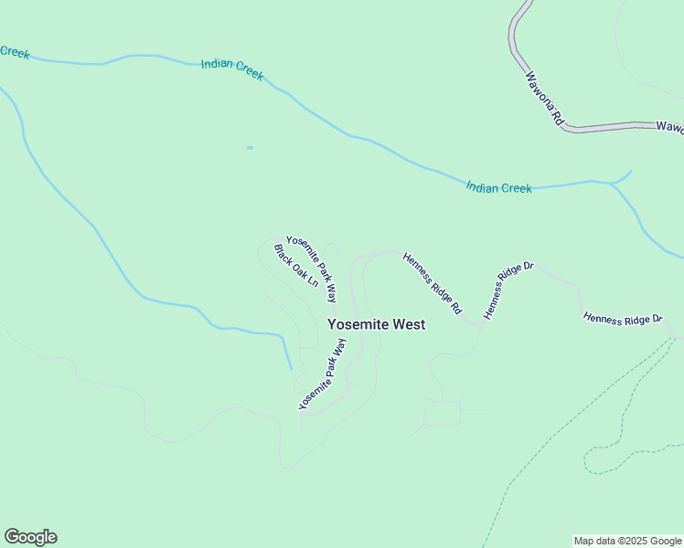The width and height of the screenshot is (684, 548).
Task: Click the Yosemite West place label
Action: tap(376, 324)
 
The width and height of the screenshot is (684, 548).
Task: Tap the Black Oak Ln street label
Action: tap(295, 266)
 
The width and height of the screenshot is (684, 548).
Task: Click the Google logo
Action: tap(30, 537)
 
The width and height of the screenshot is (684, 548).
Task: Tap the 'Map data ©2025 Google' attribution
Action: tap(627, 541)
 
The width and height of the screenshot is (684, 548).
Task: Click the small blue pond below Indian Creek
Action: tap(250, 147)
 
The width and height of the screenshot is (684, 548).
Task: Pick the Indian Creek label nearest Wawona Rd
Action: tap(498, 187)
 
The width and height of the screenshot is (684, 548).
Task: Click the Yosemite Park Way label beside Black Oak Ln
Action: tap(311, 269)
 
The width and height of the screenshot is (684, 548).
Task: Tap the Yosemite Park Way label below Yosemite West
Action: tap(323, 374)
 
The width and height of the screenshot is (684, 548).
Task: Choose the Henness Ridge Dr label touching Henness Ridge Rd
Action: tap(508, 290)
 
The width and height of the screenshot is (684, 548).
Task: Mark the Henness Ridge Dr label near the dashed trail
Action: tap(623, 320)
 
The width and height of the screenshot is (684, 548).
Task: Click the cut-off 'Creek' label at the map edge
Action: tap(14, 52)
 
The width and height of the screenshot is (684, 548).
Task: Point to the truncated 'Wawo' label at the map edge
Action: tap(669, 127)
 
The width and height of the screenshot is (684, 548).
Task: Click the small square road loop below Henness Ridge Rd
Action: tap(443, 413)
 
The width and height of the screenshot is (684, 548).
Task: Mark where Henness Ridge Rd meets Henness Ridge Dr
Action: tap(478, 322)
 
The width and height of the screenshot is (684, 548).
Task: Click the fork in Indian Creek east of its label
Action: tap(611, 184)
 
